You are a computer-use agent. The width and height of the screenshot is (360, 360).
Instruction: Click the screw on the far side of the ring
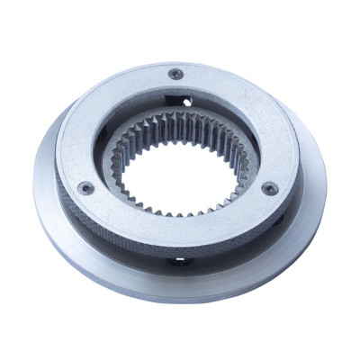click(x=176, y=74)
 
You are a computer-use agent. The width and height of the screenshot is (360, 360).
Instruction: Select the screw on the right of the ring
click(x=269, y=188)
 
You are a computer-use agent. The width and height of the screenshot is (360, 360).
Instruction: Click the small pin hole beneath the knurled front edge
click(x=177, y=260)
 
